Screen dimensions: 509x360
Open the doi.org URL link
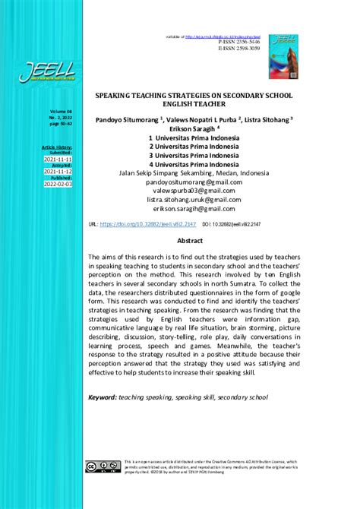click(144, 225)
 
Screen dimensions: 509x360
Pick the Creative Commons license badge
click(102, 466)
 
